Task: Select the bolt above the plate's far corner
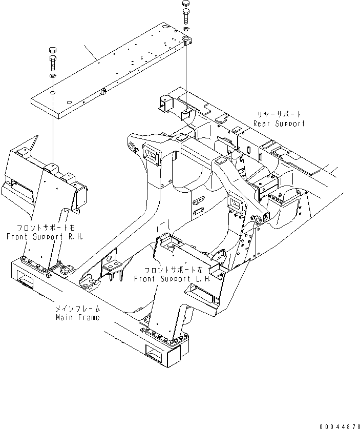pyautogui.click(x=186, y=18)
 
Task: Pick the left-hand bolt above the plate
pyautogui.click(x=53, y=64)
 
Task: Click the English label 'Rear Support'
pyautogui.click(x=279, y=124)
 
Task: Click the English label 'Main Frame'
pyautogui.click(x=78, y=317)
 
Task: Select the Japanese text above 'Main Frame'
pyautogui.click(x=78, y=309)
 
